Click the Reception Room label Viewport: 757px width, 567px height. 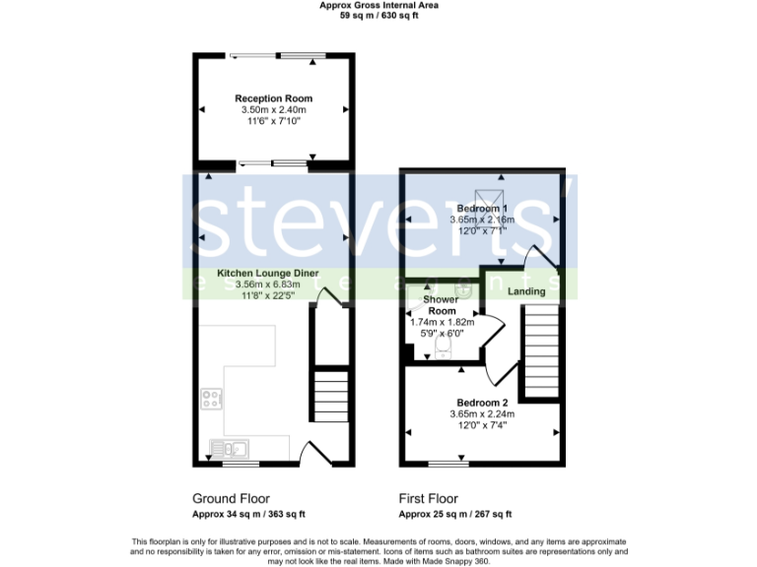pos(273,98)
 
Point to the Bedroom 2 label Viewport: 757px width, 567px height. pos(482,403)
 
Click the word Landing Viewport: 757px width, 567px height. pos(526,292)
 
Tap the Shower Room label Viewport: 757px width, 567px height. pos(441,304)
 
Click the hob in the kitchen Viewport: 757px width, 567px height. pos(211,399)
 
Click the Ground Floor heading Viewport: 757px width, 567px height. pos(230,498)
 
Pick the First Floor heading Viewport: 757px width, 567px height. pos(428,498)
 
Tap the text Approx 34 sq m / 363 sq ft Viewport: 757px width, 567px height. pos(247,514)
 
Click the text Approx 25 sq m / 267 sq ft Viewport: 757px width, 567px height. pos(454,514)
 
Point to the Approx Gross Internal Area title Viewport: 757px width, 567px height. pos(378,5)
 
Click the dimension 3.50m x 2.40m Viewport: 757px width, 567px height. pos(273,110)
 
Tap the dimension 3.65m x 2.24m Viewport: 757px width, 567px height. pos(482,414)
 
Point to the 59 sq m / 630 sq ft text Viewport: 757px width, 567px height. pos(378,16)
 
